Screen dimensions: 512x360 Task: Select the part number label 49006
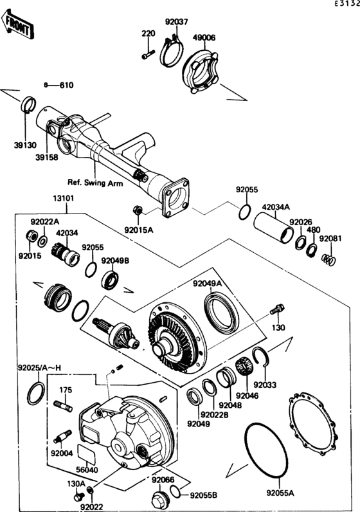pyautogui.click(x=205, y=38)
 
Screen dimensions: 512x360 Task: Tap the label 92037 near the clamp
pyautogui.click(x=177, y=21)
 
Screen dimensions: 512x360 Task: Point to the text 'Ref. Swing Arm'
pyautogui.click(x=94, y=182)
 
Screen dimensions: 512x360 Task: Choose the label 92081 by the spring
pyautogui.click(x=331, y=238)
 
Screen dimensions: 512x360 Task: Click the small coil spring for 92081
pyautogui.click(x=329, y=259)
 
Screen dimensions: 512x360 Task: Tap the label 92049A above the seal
pyautogui.click(x=206, y=283)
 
